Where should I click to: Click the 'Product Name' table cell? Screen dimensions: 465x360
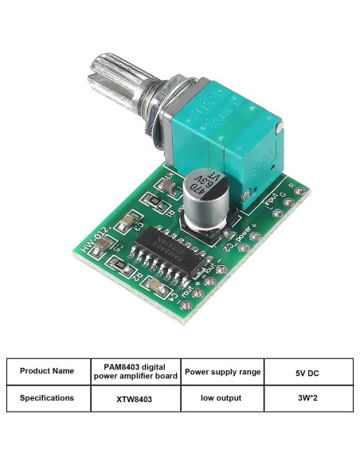tap(47, 371)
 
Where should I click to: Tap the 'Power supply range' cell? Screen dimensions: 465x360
tap(222, 371)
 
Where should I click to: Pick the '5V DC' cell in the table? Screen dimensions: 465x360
tap(308, 371)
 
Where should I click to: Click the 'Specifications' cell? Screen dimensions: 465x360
tap(47, 397)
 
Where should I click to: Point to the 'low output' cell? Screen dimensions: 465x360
tap(222, 397)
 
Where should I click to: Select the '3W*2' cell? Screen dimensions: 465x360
tap(308, 397)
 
